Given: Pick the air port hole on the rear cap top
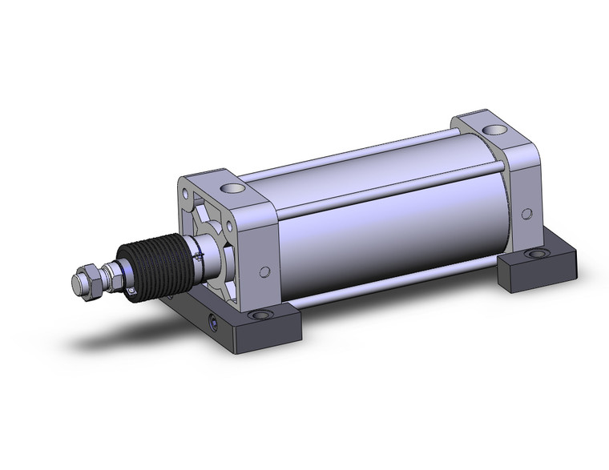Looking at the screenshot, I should pos(498,128).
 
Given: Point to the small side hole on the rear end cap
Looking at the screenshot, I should pos(526,214).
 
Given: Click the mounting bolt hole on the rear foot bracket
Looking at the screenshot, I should pos(533,255).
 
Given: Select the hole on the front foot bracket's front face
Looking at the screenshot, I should pos(213,323).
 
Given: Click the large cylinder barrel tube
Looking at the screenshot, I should pos(385,232).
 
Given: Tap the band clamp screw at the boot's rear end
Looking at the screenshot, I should pos(196,255).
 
